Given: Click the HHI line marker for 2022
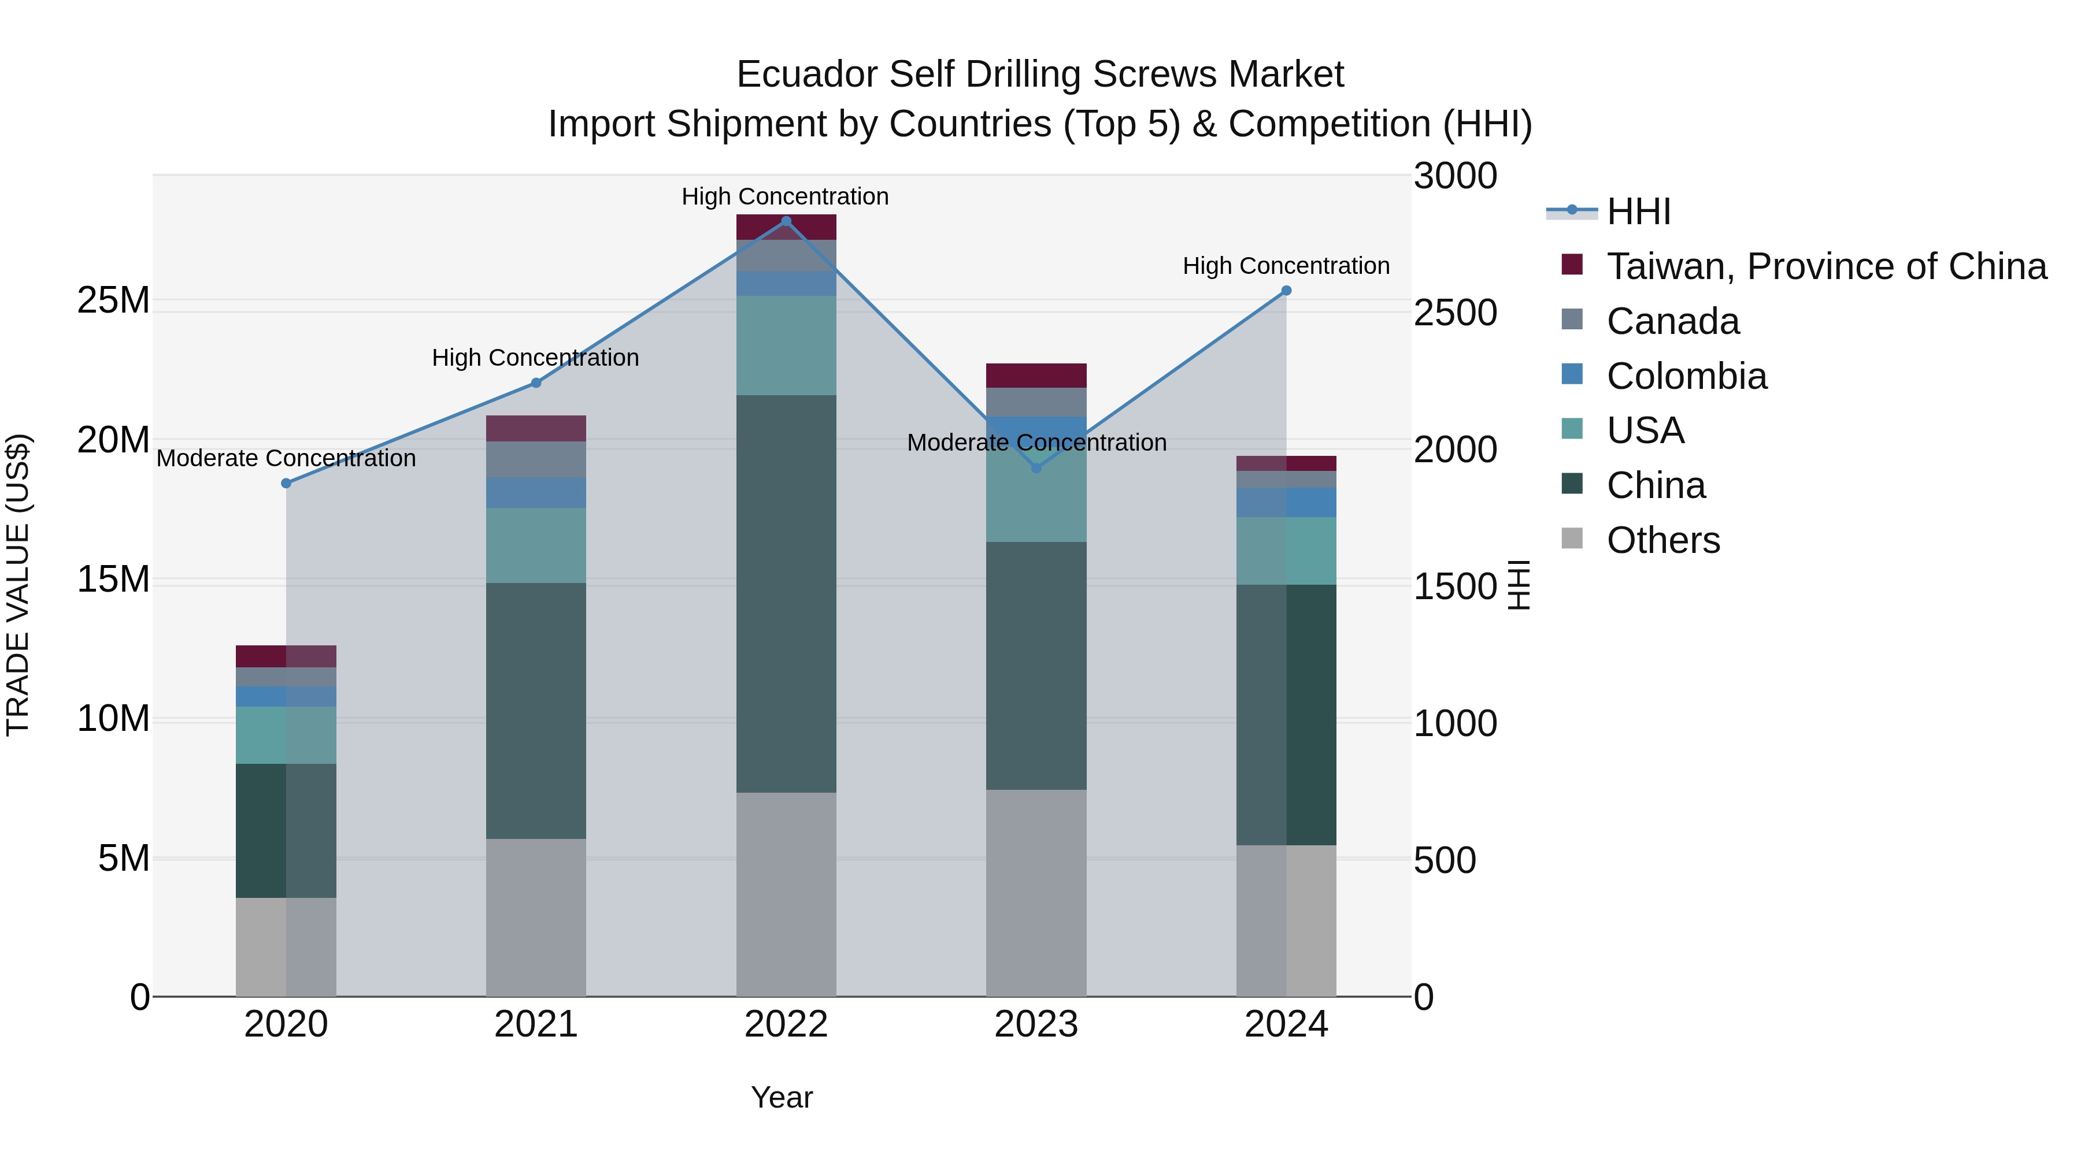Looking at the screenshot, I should (786, 221).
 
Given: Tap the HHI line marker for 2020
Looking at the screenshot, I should (286, 483).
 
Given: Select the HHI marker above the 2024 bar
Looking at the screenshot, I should (1286, 291).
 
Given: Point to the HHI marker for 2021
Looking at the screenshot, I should (536, 382).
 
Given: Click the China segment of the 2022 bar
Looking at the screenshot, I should (786, 593).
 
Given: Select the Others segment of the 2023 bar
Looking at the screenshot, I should (1036, 892).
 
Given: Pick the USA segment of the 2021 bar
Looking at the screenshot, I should (536, 545).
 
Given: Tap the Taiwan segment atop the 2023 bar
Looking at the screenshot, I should (1036, 376).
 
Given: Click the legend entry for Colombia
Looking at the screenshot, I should (1686, 376).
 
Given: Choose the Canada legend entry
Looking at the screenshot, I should (1672, 321).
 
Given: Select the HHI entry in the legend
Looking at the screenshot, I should (1638, 211).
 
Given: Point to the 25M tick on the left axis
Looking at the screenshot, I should (113, 300).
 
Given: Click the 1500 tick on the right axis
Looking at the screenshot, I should (1455, 586).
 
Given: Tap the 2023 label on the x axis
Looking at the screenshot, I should (1036, 1024).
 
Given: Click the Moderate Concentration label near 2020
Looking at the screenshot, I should (286, 458).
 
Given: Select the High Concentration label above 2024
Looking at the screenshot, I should (1286, 266).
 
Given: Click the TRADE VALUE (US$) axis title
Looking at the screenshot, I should (18, 585).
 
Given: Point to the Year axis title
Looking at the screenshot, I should (781, 1097).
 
